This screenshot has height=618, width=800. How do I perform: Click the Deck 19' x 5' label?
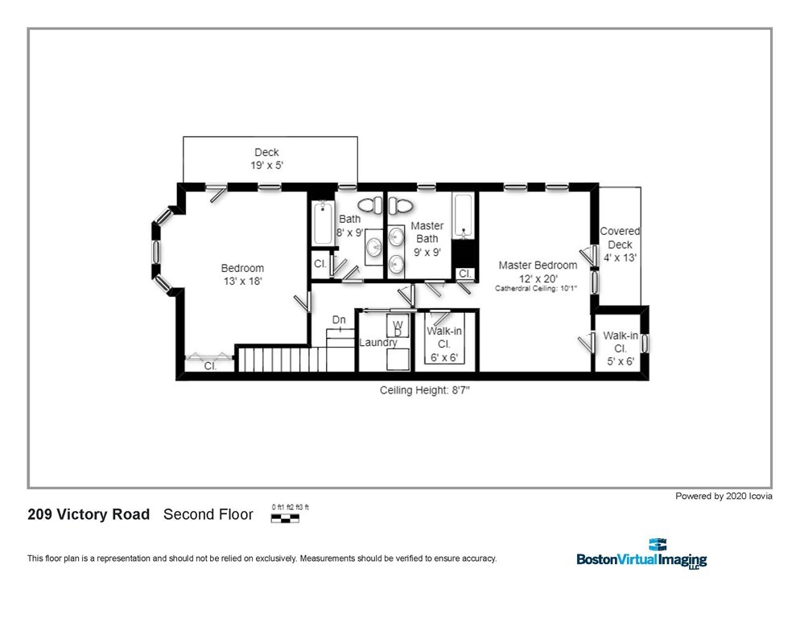pyautogui.click(x=266, y=159)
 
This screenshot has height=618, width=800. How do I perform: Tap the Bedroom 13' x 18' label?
pyautogui.click(x=242, y=274)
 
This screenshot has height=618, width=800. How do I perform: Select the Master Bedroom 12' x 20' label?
pyautogui.click(x=537, y=271)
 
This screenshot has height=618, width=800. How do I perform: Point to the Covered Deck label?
pyautogui.click(x=619, y=245)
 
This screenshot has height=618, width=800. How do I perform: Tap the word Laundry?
pyautogui.click(x=377, y=343)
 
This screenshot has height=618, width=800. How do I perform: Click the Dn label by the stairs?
pyautogui.click(x=339, y=319)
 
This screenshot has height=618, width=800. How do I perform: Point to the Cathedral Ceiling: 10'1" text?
pyautogui.click(x=537, y=288)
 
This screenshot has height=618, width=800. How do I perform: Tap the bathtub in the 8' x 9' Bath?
pyautogui.click(x=321, y=222)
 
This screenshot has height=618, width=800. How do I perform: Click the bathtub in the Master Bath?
pyautogui.click(x=464, y=215)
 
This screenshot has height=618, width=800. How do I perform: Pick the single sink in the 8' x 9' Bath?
pyautogui.click(x=374, y=247)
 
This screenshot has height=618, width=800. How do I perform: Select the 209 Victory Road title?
pyautogui.click(x=89, y=514)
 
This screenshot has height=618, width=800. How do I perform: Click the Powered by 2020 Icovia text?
pyautogui.click(x=724, y=496)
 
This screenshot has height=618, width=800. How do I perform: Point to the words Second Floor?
pyautogui.click(x=208, y=514)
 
